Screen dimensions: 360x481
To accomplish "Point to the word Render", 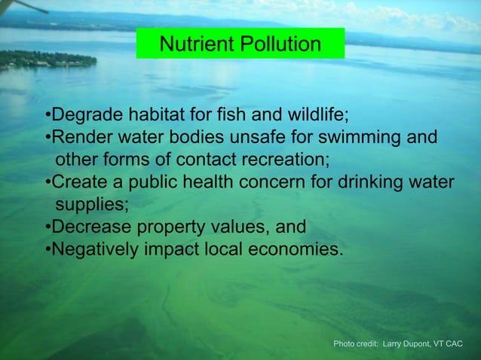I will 79,139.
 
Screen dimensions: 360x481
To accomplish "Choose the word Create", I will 78,183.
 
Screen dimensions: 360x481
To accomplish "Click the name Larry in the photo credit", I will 394,344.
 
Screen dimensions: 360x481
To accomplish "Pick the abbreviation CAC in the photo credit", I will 454,344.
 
